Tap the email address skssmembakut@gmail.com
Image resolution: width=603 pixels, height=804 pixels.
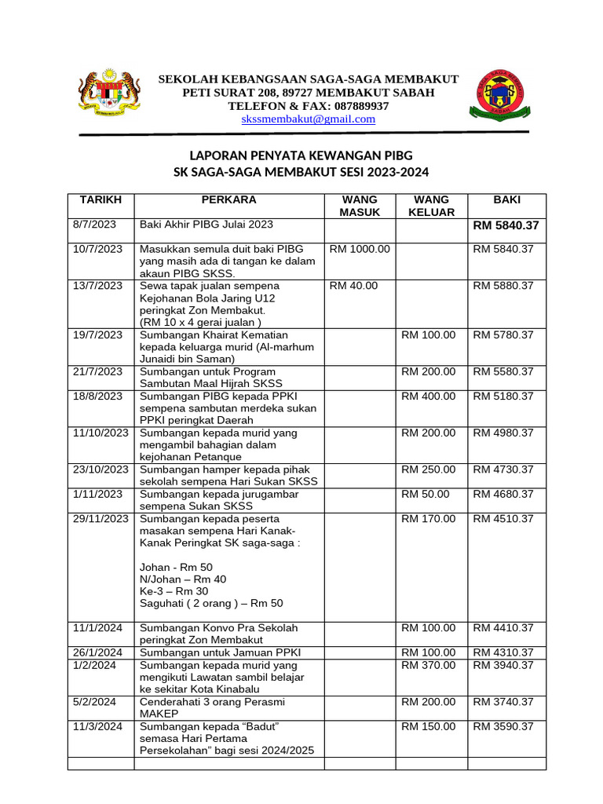point(308,119)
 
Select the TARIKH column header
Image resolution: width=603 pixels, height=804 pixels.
point(100,200)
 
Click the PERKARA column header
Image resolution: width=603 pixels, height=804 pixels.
point(229,200)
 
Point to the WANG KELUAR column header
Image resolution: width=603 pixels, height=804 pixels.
point(431,206)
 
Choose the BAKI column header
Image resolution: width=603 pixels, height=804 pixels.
point(506,200)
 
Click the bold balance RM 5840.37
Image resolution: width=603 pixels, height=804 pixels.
point(506,226)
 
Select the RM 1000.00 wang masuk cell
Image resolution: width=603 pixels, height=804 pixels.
point(360,249)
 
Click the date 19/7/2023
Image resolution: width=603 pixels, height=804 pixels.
point(97,334)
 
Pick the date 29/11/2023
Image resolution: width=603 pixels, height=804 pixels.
point(100,519)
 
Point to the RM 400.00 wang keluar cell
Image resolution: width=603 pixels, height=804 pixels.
point(428,397)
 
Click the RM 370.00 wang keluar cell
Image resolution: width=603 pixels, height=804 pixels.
point(428,665)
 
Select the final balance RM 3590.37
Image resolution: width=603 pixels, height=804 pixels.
point(503,726)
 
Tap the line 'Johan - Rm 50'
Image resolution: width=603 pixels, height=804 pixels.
point(176,567)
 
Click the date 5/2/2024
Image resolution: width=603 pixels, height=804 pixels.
point(94,702)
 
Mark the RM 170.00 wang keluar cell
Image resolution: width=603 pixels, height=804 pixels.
point(428,519)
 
